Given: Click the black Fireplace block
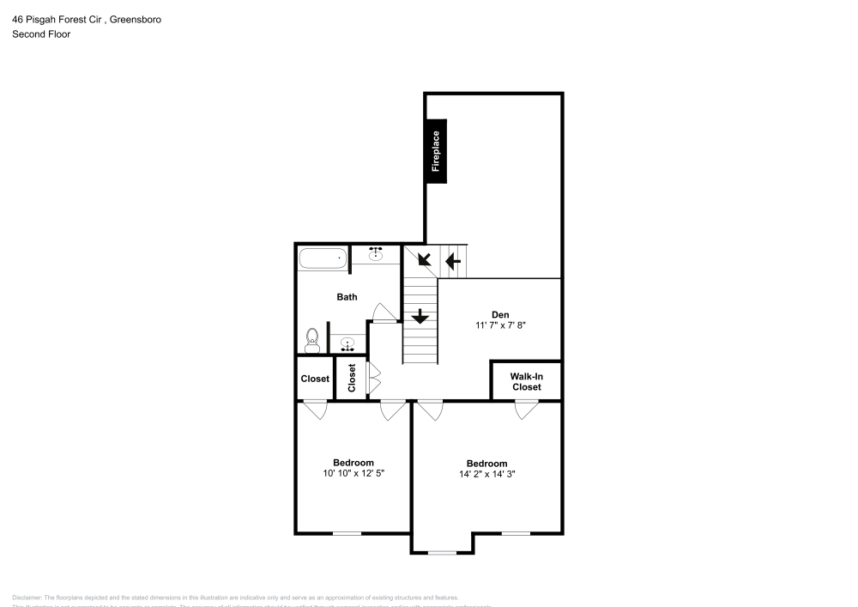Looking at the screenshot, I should coord(437,150).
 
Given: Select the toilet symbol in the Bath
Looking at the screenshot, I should coord(312,341).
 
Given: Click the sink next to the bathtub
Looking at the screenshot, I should coord(376,254).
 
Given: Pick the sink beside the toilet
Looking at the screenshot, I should coord(347,345).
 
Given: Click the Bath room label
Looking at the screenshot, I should coord(347,297).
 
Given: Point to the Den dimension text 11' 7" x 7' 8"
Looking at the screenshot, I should coord(499,325).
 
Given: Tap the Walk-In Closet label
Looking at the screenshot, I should coord(526,381).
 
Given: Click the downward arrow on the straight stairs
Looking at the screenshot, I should coord(420,316).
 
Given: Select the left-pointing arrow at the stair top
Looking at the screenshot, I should coord(452,260).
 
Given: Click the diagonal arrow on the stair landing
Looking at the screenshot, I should coord(423,259).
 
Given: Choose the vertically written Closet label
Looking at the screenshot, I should coord(352,379).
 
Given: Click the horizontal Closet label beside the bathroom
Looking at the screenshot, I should coord(315,379).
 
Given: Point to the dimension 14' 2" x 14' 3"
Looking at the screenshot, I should coord(486,473).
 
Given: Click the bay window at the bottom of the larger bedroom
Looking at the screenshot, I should coord(442,552).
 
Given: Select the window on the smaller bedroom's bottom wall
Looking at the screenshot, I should coord(347,533).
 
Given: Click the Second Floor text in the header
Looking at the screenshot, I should coord(41,34).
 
